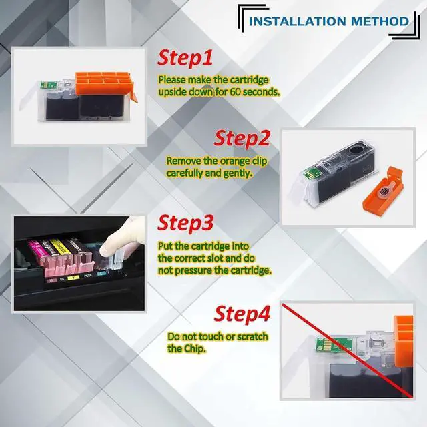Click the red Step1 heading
point(185,58)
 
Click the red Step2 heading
point(242,138)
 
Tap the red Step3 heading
point(185,222)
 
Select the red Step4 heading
point(242,314)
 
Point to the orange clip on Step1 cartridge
point(105,85)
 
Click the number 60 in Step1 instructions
point(235,92)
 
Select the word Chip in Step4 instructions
point(194,348)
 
